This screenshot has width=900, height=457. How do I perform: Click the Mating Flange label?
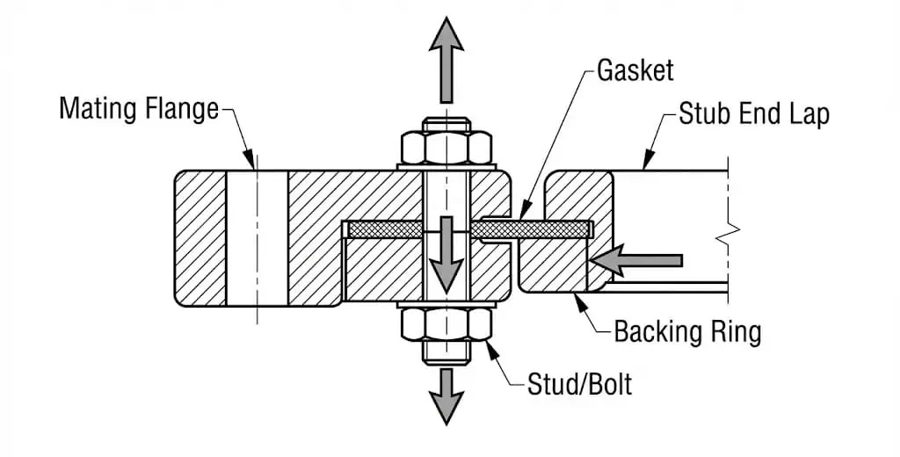tap(139, 109)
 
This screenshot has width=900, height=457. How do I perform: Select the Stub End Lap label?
tap(754, 114)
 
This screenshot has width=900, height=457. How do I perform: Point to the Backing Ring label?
tap(687, 331)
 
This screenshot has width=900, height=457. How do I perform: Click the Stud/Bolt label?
tap(579, 384)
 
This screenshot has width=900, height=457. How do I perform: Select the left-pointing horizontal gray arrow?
tap(636, 260)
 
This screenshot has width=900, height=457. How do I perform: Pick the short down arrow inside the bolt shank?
tap(447, 255)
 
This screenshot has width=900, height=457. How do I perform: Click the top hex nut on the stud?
tap(446, 148)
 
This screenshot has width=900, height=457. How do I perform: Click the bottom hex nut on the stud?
tap(446, 326)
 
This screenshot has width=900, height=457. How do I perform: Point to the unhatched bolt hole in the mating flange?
tap(257, 237)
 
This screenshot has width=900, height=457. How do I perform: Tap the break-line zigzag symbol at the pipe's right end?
tap(728, 232)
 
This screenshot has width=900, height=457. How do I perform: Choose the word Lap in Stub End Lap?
tap(808, 114)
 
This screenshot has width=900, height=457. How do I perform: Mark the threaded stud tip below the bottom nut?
tap(446, 354)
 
